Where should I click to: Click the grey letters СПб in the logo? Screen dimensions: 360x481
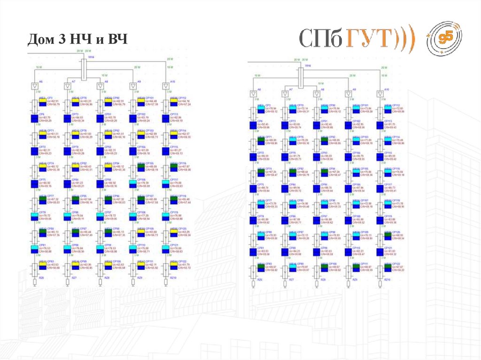pyautogui.click(x=322, y=39)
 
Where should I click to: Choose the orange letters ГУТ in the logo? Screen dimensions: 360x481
pyautogui.click(x=369, y=39)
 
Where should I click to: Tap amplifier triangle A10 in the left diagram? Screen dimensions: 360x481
pyautogui.click(x=166, y=86)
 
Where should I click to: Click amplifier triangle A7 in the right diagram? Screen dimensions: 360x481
pyautogui.click(x=284, y=93)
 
